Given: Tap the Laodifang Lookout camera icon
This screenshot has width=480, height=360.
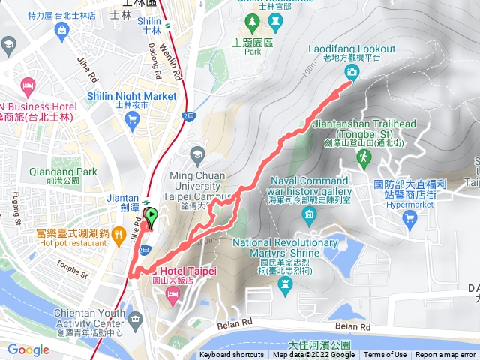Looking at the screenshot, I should coord(351,71).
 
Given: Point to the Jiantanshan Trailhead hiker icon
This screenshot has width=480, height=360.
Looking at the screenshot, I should coord(364,157).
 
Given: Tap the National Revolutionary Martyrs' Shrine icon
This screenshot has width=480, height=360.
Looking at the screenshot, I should coord(284,283).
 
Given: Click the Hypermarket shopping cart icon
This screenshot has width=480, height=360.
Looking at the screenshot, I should coord(409,218).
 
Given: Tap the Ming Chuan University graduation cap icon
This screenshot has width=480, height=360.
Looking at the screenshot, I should coord(197,155).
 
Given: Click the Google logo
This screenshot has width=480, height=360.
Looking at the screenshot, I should coord(28,349).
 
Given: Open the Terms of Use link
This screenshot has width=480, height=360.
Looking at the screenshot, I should coord(385,355).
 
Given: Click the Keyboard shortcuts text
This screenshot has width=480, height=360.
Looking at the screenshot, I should coord(232,355).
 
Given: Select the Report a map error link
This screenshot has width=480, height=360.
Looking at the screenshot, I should coord(446,355).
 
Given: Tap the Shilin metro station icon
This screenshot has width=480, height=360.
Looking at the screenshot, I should coord(168,25).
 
